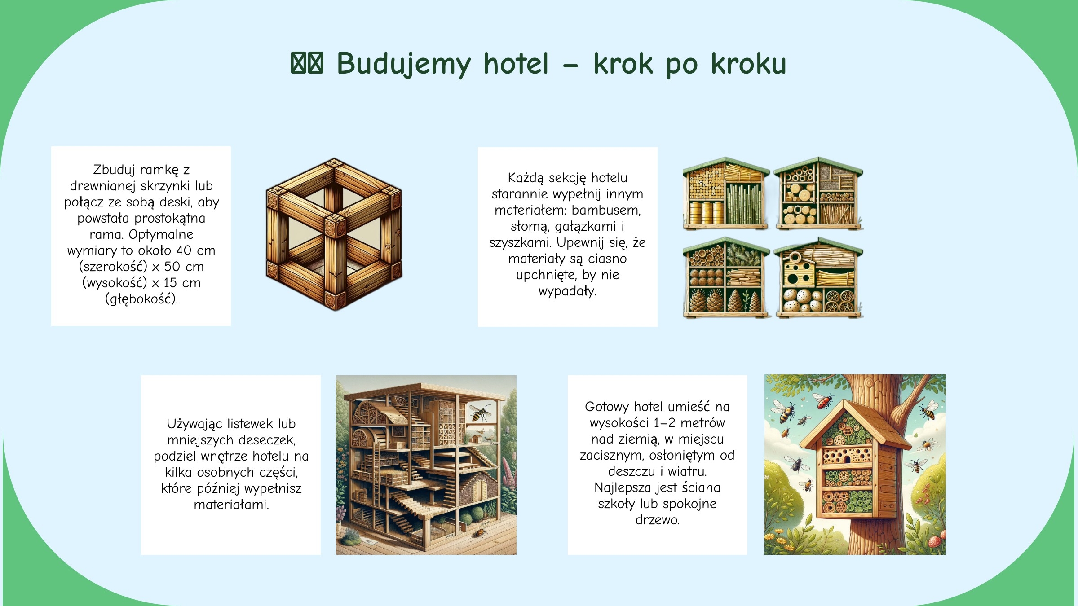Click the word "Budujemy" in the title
404,64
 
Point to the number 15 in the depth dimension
170,282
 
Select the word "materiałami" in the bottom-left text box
231,505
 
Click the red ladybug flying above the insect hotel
823,401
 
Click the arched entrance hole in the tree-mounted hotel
847,459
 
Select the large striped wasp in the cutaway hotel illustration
480,412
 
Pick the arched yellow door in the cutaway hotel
480,489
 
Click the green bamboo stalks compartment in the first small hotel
744,203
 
